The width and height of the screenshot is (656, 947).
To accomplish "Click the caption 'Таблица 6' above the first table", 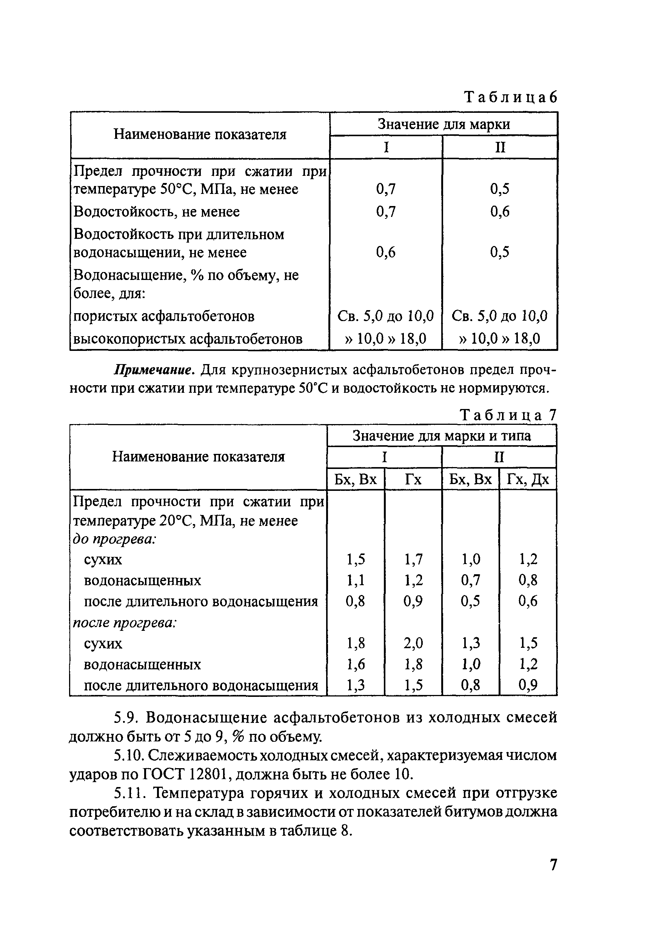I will pos(511,98).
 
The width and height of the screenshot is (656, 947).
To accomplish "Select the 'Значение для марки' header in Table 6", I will pos(443,124).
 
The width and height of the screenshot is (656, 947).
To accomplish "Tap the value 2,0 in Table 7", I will pos(413,643).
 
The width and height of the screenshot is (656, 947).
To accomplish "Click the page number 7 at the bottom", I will pos(553,865).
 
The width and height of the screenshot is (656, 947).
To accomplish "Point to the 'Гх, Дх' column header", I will pos(528,480).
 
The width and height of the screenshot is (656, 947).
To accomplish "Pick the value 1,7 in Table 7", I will pos(413,559).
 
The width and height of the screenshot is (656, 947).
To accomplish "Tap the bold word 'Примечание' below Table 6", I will pos(154,370).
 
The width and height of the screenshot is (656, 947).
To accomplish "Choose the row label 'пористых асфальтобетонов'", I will pos(163,316).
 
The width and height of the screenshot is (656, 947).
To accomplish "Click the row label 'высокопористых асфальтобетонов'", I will pos(188,339).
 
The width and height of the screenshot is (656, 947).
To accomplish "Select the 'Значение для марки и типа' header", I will pos(442,436).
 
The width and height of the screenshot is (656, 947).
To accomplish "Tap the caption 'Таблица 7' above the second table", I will pos(508,415).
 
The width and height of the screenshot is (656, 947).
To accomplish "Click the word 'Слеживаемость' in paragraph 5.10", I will pos(204,755).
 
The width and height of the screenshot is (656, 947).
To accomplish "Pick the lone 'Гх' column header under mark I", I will pos(413,480).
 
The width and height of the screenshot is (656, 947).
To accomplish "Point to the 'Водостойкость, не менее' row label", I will pos(156,212).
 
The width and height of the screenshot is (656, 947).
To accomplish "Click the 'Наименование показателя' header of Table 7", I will pos(198,457).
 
